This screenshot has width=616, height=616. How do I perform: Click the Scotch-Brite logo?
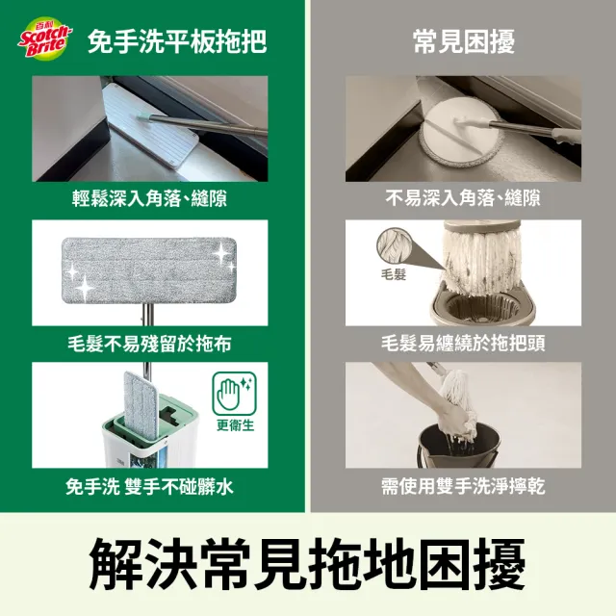pyautogui.click(x=45, y=38)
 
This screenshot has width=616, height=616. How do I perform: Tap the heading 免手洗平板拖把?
pyautogui.click(x=177, y=41)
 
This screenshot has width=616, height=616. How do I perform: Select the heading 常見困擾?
pyautogui.click(x=464, y=41)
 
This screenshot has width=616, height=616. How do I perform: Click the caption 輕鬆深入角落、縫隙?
pyautogui.click(x=150, y=198)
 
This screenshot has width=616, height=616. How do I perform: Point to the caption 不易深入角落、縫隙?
pyautogui.click(x=463, y=198)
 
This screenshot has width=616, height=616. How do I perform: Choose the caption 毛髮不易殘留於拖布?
pyautogui.click(x=150, y=344)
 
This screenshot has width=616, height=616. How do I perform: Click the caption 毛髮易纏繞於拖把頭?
pyautogui.click(x=463, y=344)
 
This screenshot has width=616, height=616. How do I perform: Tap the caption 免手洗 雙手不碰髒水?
pyautogui.click(x=150, y=487)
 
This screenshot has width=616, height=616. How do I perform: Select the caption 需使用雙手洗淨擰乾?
pyautogui.click(x=463, y=487)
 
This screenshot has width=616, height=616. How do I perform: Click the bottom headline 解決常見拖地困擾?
pyautogui.click(x=307, y=564)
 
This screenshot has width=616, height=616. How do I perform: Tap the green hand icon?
pyautogui.click(x=234, y=394)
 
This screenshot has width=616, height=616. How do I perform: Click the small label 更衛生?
pyautogui.click(x=235, y=425)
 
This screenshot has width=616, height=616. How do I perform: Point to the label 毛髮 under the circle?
pyautogui.click(x=394, y=273)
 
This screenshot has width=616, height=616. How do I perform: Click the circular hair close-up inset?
pyautogui.click(x=395, y=246)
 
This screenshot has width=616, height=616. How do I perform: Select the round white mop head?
pyautogui.click(x=459, y=134)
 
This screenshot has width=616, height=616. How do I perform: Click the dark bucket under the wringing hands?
pyautogui.click(x=458, y=446)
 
